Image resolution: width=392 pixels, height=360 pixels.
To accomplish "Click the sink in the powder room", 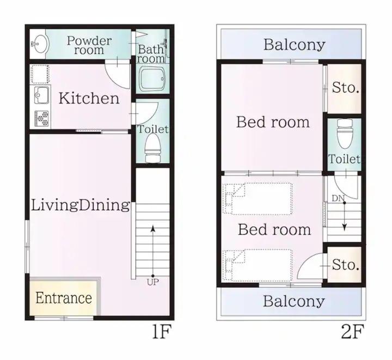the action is coord(40,44).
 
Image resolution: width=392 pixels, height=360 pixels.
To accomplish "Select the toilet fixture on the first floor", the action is coord(152,148).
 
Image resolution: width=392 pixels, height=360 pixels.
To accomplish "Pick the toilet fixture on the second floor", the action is coord(345,135).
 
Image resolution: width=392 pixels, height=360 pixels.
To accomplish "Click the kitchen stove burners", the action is coord(42,119).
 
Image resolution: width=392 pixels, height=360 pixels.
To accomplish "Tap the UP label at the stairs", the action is coord(153,283).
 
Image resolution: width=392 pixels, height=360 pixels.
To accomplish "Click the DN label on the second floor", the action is coord(338,198).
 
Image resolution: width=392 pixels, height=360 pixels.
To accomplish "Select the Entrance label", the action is coord(64,298).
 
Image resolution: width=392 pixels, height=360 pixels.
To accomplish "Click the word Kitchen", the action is coord(89,98).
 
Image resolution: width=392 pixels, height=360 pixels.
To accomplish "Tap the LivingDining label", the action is coord(80,205).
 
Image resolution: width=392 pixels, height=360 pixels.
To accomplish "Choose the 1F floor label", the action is coord(162,332).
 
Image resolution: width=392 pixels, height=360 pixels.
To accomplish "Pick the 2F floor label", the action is coord(352,332).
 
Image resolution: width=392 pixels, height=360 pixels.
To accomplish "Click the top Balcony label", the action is coord(295,45).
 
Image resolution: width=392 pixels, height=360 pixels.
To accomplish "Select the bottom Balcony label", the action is coord(294,301).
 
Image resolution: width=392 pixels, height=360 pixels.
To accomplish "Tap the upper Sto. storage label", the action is coord(346,88).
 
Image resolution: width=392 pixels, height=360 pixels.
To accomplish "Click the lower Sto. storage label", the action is coord(346,265).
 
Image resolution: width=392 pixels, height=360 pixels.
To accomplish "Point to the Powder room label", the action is coord(89,45).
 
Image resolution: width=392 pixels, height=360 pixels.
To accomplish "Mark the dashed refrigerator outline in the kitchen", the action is coord(40,74).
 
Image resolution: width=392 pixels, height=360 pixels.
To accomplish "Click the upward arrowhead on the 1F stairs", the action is coord(153,229).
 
